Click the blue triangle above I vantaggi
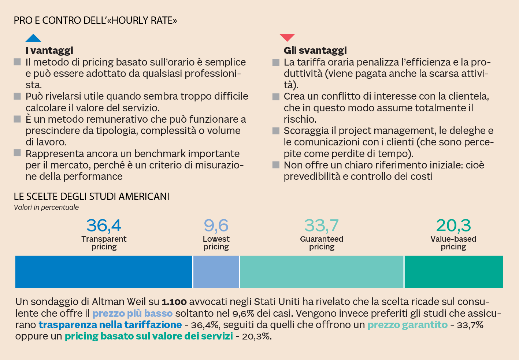(x=33, y=38)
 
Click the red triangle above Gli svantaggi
(x=287, y=37)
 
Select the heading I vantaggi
(x=49, y=50)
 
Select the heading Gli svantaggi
(x=315, y=50)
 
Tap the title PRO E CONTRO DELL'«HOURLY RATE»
(x=95, y=21)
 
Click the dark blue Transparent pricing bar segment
(x=104, y=272)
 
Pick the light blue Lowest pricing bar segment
(x=216, y=272)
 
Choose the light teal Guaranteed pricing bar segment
(x=322, y=272)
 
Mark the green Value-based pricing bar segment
(x=453, y=272)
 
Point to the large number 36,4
(x=104, y=226)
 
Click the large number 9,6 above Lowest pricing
(x=216, y=226)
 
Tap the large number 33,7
(x=322, y=226)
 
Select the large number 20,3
(x=453, y=226)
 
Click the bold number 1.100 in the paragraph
(x=174, y=302)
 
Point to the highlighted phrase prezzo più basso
(x=132, y=313)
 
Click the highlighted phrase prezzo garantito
(x=407, y=325)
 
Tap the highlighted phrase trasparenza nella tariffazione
(x=110, y=325)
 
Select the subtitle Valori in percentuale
(x=46, y=207)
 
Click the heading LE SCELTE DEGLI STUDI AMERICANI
(x=92, y=197)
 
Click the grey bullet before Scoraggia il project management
(x=276, y=131)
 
